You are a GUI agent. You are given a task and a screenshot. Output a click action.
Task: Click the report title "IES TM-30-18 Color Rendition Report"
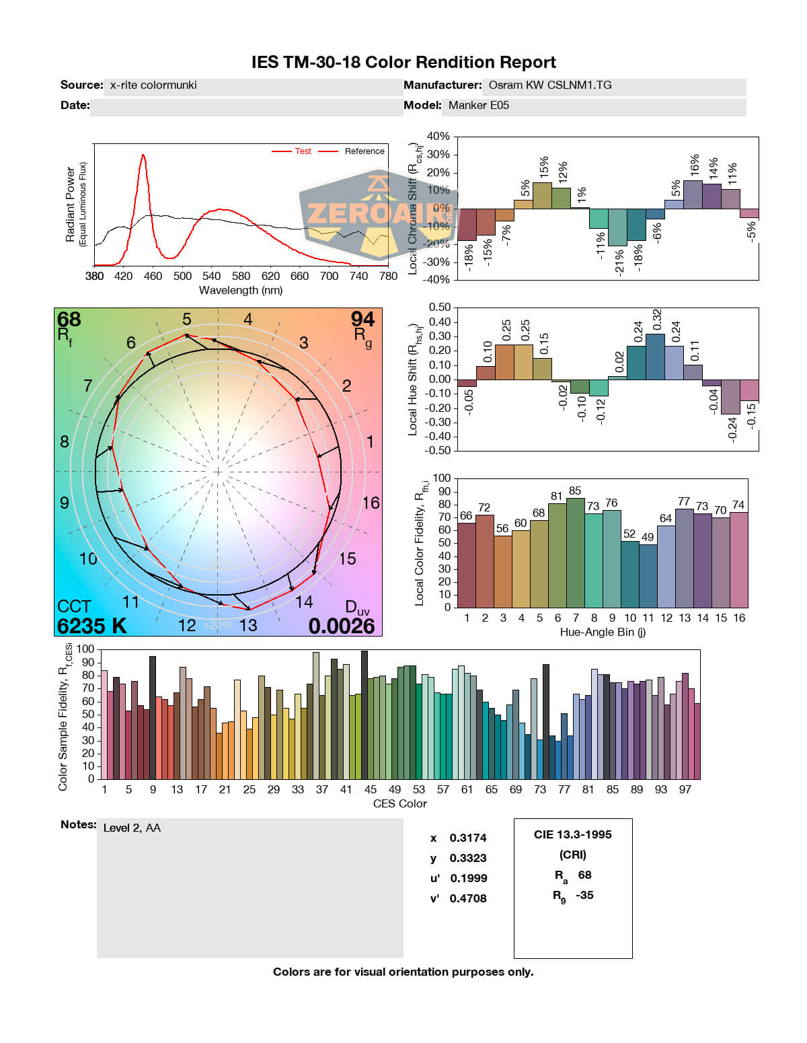click(403, 63)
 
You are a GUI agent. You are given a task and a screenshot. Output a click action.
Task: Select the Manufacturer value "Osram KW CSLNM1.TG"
click(550, 85)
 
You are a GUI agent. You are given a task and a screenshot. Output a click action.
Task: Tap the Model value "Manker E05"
click(479, 106)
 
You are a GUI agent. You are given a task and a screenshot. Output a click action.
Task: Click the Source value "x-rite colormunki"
click(153, 85)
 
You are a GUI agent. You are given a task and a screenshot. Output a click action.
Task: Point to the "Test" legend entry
click(303, 151)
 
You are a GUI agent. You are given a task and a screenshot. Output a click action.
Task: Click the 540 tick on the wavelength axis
click(211, 276)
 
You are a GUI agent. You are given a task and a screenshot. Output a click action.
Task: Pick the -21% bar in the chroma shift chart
click(617, 227)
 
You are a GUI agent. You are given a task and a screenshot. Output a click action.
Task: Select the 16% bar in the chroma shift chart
click(693, 194)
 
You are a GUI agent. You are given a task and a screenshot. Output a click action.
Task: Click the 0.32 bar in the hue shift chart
click(655, 357)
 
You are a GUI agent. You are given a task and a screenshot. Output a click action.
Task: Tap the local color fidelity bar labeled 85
click(576, 552)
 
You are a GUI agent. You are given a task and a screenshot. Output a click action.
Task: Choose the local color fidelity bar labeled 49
click(648, 576)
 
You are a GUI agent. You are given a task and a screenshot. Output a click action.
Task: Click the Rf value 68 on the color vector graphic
click(69, 319)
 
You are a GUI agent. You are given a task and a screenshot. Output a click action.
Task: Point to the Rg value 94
click(362, 319)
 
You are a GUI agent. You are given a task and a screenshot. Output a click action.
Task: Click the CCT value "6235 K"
click(91, 626)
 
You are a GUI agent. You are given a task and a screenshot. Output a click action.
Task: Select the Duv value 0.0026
click(342, 626)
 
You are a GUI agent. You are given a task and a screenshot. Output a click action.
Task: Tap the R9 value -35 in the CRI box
click(584, 895)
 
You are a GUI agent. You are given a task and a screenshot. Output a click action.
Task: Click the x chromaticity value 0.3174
click(468, 838)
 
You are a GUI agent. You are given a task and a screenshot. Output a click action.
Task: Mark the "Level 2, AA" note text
click(132, 828)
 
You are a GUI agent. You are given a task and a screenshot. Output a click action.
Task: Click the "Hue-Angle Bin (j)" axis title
click(603, 632)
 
